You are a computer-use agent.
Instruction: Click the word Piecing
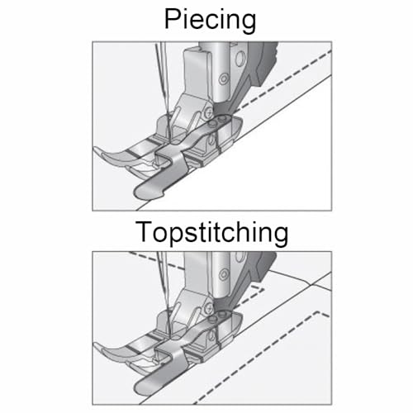click(x=210, y=19)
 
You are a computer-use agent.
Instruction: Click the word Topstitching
click(x=211, y=232)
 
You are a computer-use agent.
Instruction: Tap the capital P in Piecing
click(x=173, y=18)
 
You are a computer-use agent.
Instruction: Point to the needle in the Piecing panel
click(x=163, y=88)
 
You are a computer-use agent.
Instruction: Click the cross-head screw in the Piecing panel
click(x=209, y=112)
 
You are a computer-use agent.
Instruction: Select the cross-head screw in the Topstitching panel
click(x=209, y=307)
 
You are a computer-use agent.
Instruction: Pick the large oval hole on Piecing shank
click(x=240, y=59)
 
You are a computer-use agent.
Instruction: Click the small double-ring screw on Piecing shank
click(x=224, y=78)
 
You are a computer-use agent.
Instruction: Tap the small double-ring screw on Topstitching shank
click(x=224, y=274)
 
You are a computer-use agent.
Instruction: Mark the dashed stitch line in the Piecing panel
click(x=283, y=80)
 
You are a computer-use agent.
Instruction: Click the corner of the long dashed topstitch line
click(x=319, y=312)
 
